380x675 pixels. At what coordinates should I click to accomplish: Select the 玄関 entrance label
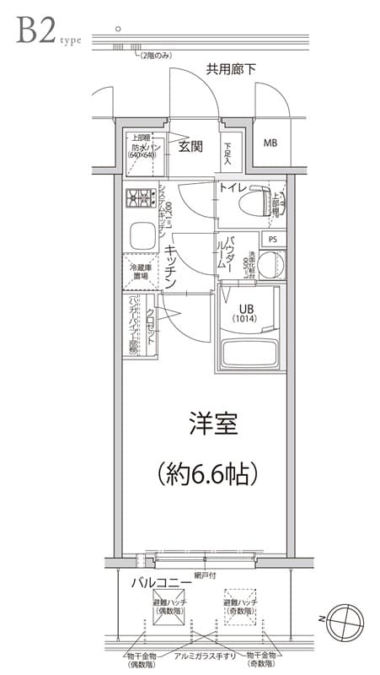190,146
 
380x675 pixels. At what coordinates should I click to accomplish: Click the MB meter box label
270,143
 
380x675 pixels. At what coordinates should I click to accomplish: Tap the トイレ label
232,187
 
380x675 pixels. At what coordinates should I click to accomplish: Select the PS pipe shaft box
271,240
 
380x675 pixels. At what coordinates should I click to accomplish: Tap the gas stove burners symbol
138,200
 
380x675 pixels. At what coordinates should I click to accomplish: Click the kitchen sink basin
141,235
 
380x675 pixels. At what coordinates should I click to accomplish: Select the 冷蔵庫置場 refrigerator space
140,270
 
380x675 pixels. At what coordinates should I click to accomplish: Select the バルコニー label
159,582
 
